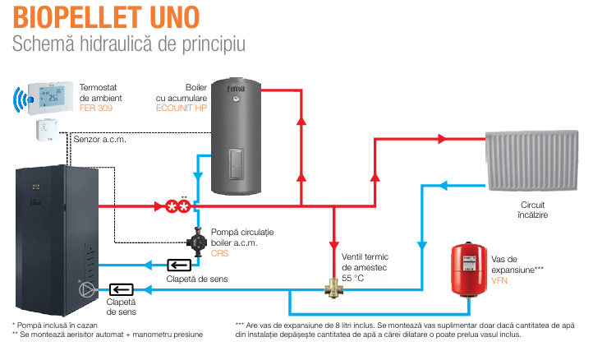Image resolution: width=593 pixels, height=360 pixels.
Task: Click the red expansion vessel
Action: click(x=469, y=270)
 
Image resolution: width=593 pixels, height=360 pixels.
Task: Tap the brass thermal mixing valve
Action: click(x=333, y=288)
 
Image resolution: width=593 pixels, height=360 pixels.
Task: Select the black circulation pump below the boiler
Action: click(x=196, y=242)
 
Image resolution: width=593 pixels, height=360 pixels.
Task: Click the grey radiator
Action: click(x=531, y=160)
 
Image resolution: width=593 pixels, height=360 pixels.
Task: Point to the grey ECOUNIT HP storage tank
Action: click(x=236, y=136)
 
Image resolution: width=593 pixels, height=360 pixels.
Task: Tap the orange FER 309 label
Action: click(x=95, y=108)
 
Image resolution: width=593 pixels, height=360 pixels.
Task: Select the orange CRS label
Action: click(x=219, y=253)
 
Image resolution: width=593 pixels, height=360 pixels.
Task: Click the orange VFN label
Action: click(x=499, y=280)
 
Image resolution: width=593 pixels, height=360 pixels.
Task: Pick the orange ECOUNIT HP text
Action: click(x=182, y=108)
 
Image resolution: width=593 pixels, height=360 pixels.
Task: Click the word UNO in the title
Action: click(x=174, y=17)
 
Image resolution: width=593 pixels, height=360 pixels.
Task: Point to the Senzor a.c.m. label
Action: click(x=100, y=139)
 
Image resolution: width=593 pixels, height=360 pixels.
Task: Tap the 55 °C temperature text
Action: click(x=353, y=278)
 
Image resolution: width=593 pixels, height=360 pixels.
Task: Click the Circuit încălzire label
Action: click(x=532, y=210)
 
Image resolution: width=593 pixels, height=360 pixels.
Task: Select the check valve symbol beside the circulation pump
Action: click(x=179, y=265)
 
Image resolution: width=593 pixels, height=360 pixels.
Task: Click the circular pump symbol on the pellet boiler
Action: click(x=86, y=290)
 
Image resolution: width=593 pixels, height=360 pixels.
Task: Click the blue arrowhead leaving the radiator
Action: click(x=444, y=186)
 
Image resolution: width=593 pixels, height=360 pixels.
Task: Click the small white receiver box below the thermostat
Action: click(x=47, y=130)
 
